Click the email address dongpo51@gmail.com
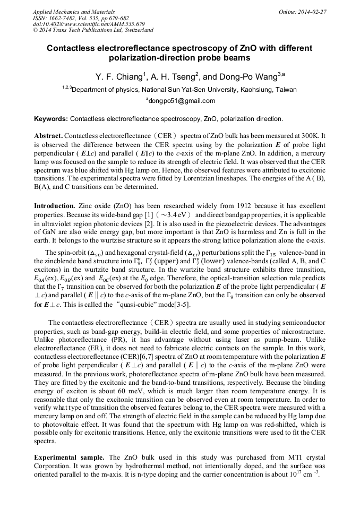click(181, 101)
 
